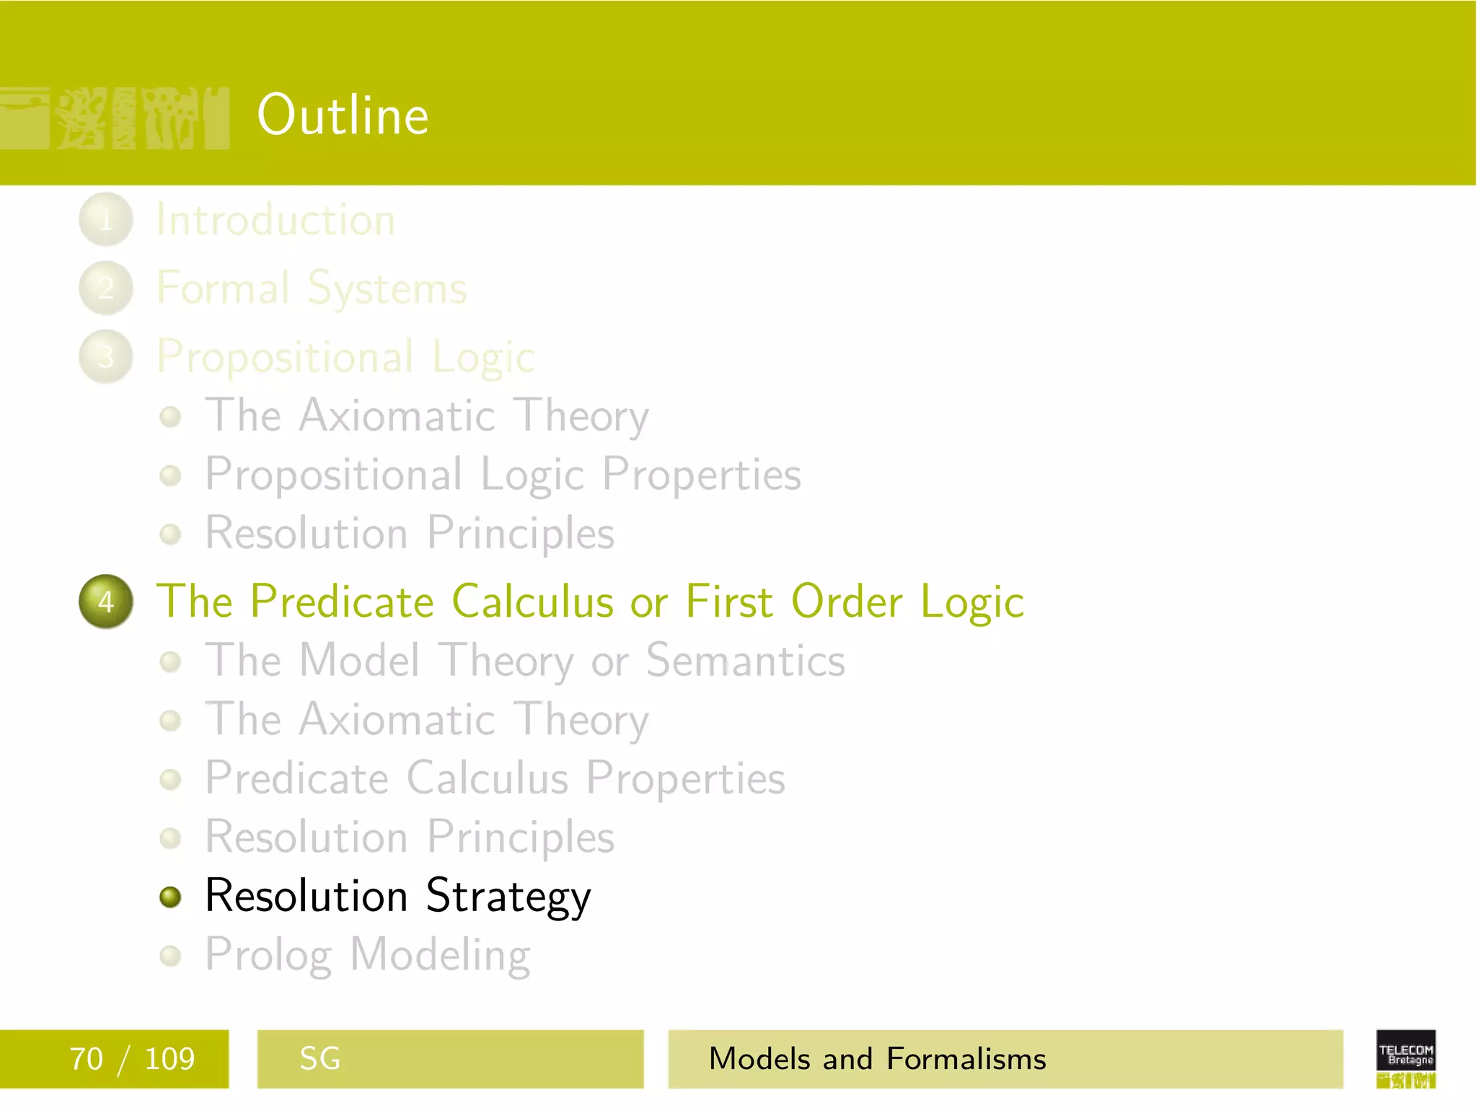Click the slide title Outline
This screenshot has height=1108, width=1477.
pyautogui.click(x=343, y=115)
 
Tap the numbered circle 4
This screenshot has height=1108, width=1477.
pyautogui.click(x=106, y=601)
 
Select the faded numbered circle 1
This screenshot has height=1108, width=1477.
pyautogui.click(x=106, y=219)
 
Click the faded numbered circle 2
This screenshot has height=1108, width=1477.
pyautogui.click(x=106, y=288)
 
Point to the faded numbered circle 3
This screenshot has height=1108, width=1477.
pyautogui.click(x=106, y=356)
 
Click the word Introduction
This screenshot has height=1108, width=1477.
pyautogui.click(x=275, y=220)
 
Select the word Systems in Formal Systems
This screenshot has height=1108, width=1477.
pyautogui.click(x=387, y=289)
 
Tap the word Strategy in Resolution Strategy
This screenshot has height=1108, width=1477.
pyautogui.click(x=508, y=897)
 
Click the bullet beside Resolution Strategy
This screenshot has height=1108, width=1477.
pyautogui.click(x=170, y=897)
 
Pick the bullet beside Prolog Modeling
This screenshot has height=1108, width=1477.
pyautogui.click(x=170, y=955)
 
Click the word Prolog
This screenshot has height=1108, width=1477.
pyautogui.click(x=268, y=956)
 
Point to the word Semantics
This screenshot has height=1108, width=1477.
pyautogui.click(x=745, y=661)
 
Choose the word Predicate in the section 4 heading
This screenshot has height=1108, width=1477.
pyautogui.click(x=342, y=602)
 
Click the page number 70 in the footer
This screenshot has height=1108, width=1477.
pyautogui.click(x=86, y=1059)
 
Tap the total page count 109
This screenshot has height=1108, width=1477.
pyautogui.click(x=169, y=1059)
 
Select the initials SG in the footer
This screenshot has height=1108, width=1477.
pyautogui.click(x=319, y=1059)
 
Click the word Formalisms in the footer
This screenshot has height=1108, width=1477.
pyautogui.click(x=966, y=1059)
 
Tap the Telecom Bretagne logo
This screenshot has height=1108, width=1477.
pyautogui.click(x=1406, y=1058)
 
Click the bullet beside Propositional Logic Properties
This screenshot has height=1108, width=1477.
pyautogui.click(x=170, y=475)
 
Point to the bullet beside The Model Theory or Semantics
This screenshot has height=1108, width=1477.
pyautogui.click(x=170, y=661)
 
